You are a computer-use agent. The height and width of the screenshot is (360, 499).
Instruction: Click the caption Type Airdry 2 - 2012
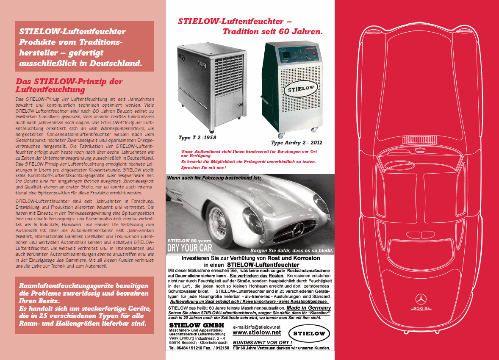tap(297, 143)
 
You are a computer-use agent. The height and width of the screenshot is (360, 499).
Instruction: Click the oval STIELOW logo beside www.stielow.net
tap(309, 333)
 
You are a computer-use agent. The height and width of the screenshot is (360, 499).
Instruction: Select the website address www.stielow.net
tap(257, 333)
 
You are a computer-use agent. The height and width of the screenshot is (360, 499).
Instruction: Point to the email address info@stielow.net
tap(257, 327)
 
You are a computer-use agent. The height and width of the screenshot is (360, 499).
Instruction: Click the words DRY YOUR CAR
tap(190, 248)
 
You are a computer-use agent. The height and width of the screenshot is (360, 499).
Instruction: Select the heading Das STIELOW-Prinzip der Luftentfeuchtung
tap(69, 86)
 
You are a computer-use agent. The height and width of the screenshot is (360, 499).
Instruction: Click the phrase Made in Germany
tap(308, 307)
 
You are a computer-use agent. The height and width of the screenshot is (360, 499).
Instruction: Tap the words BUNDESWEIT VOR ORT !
tap(262, 342)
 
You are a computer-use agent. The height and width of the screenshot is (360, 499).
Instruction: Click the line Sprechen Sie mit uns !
tap(203, 168)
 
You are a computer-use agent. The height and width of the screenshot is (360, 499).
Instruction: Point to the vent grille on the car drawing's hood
tap(419, 140)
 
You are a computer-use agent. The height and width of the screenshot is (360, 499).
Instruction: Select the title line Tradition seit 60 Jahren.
tap(273, 32)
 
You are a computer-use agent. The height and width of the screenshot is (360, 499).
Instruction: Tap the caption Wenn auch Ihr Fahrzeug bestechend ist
tap(214, 178)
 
